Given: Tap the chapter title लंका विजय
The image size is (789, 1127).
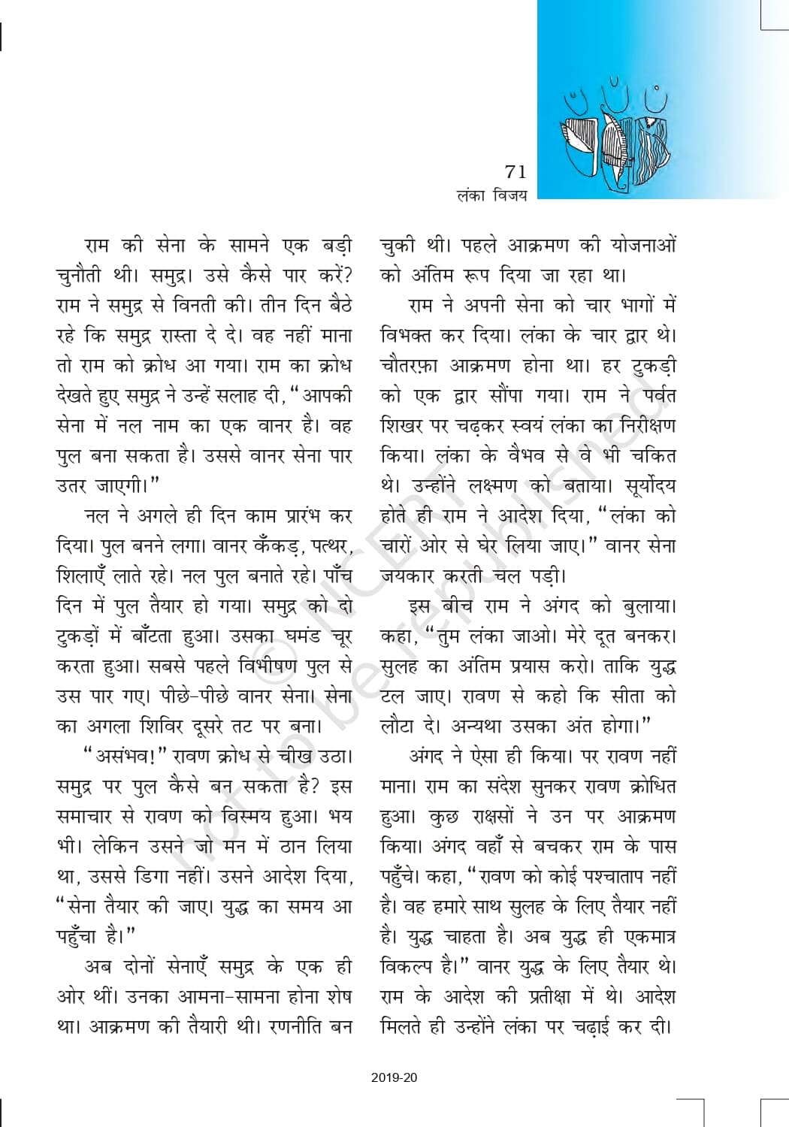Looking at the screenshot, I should [491, 196].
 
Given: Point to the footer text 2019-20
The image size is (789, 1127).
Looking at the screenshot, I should [394, 1078].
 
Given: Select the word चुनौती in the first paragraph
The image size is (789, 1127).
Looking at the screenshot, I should [85, 276].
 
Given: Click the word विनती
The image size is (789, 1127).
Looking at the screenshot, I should [228, 307].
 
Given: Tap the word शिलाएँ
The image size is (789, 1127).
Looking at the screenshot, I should [85, 577].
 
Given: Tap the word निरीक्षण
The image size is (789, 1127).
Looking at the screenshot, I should [640, 426].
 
